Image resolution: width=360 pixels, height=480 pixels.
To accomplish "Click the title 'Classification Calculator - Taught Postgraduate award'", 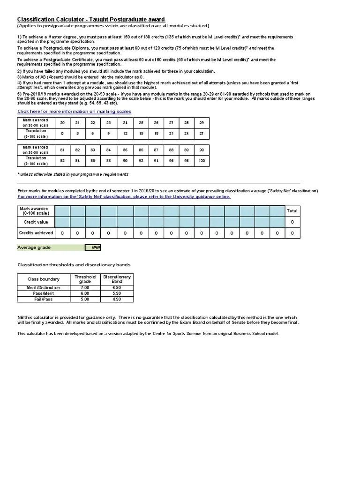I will coord(91,19).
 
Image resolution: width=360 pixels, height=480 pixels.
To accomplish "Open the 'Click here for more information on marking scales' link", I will coord(74,112).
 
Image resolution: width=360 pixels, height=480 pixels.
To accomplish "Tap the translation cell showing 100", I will coord(202,161).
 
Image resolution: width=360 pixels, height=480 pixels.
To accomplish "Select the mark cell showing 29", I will coord(202,123).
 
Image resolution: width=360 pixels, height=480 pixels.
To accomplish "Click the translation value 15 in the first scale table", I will coord(141,134).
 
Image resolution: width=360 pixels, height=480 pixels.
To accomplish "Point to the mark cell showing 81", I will coord(63,150).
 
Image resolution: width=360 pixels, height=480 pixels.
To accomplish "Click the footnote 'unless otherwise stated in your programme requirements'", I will coord(74,174).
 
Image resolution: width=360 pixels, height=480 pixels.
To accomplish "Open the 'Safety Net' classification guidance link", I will coord(124,197).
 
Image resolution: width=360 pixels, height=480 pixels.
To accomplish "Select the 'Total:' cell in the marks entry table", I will coord(292,211).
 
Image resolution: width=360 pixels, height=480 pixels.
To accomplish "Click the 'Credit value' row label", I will coord(36,222).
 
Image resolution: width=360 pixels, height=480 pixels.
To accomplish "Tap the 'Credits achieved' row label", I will coord(36,232).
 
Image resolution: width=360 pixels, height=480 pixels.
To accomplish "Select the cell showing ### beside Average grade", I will coord(93,247).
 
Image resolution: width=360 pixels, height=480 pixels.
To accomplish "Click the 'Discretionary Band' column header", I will coord(117,279).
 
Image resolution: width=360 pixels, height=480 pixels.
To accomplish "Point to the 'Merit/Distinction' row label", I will coord(44,288).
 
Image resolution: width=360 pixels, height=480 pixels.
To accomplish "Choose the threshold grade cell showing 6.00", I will coord(85,293).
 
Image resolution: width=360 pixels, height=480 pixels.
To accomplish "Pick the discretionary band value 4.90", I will coord(117,299).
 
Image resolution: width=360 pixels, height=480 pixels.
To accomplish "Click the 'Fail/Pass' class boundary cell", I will coord(44,299).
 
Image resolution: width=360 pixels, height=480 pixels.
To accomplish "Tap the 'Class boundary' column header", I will coord(44,279).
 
